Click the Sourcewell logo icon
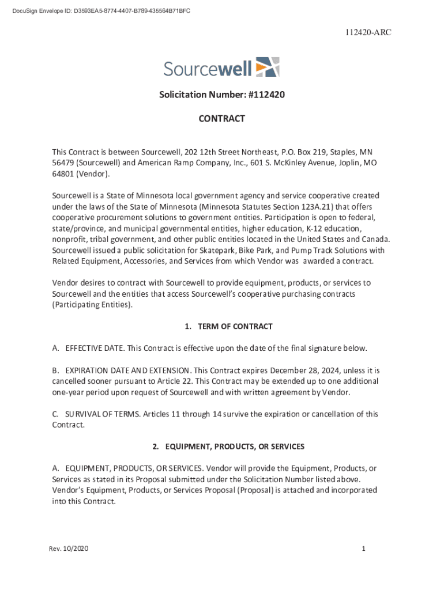267,67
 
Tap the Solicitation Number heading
222,96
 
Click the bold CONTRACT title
222,119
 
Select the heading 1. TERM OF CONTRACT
228,327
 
